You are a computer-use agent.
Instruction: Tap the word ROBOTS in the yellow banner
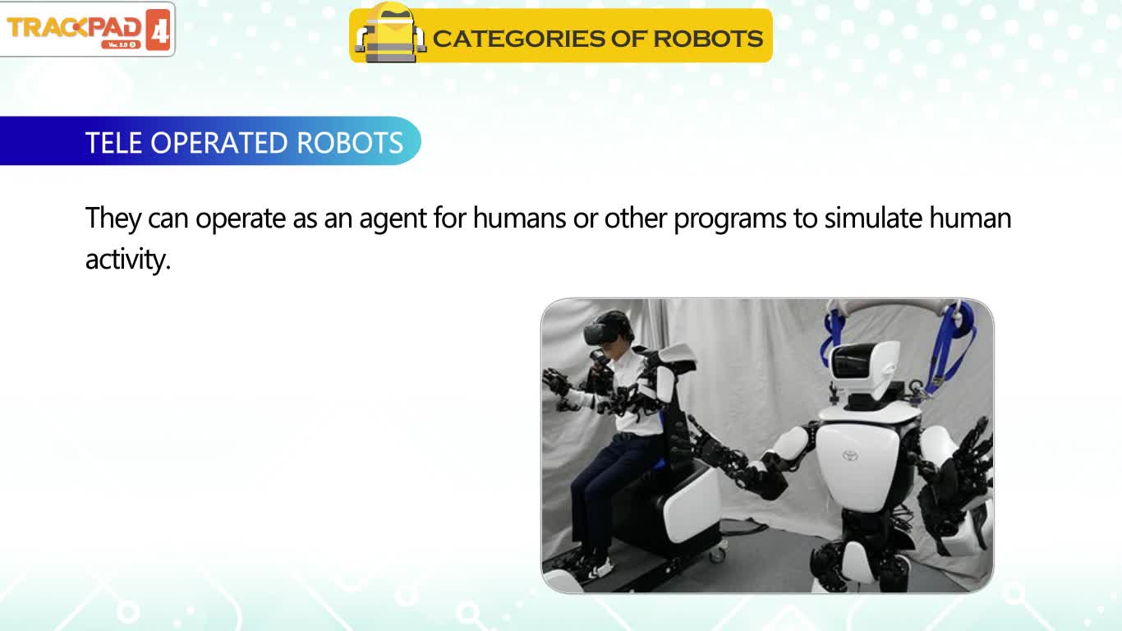[707, 39]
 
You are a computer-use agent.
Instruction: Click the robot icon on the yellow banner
[391, 33]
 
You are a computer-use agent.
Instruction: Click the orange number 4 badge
[159, 30]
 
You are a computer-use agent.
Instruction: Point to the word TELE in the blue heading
[113, 143]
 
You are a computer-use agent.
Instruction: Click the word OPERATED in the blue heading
[220, 143]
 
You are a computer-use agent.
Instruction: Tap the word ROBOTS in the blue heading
[350, 143]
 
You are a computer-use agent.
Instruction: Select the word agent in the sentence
[393, 220]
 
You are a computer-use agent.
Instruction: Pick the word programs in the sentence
[730, 220]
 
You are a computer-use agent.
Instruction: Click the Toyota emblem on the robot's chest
[849, 456]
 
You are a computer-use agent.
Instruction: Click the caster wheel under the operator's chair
[717, 554]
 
